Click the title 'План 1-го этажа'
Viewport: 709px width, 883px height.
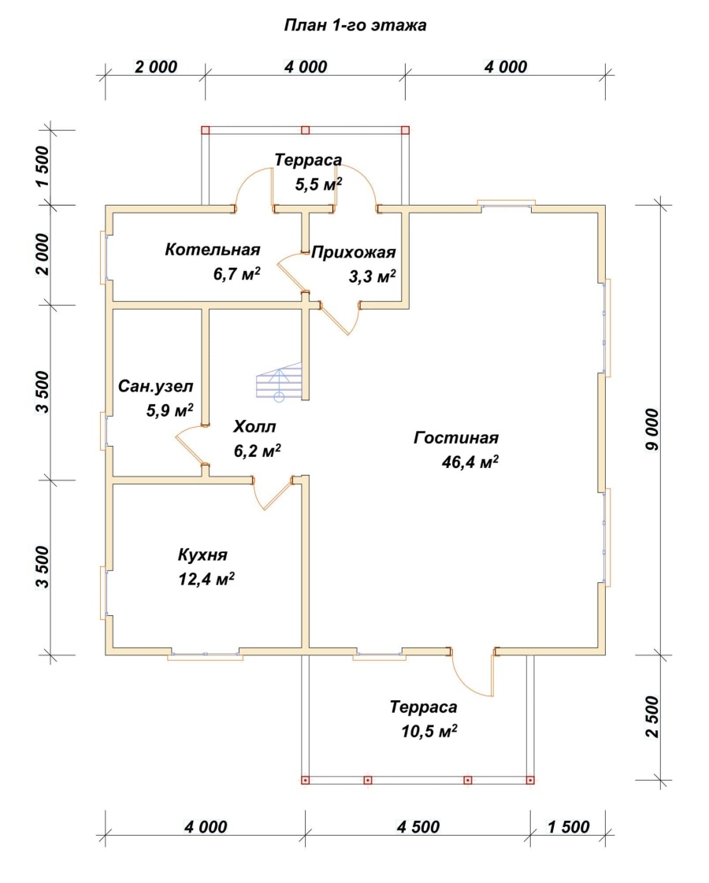(354, 25)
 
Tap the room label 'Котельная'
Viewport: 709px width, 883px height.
(212, 250)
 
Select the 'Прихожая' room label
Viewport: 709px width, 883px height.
(354, 252)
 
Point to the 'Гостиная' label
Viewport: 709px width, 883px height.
(456, 437)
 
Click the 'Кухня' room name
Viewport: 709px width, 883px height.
(202, 555)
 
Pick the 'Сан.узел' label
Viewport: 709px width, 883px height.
(155, 386)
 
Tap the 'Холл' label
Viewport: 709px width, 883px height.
(254, 427)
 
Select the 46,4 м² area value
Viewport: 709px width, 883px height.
(470, 462)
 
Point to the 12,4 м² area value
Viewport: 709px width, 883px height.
(206, 578)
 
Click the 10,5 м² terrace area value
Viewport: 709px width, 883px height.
(429, 731)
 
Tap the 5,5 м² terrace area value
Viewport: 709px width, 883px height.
(319, 184)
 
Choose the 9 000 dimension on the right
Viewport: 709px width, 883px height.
(652, 429)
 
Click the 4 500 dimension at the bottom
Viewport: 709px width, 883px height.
(418, 827)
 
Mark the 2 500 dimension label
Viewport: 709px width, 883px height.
(652, 717)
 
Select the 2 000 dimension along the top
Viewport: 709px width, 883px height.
(156, 66)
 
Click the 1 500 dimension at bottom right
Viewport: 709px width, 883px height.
(568, 827)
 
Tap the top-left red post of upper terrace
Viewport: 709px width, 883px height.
(205, 130)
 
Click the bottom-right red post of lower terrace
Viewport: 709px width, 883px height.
(530, 780)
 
